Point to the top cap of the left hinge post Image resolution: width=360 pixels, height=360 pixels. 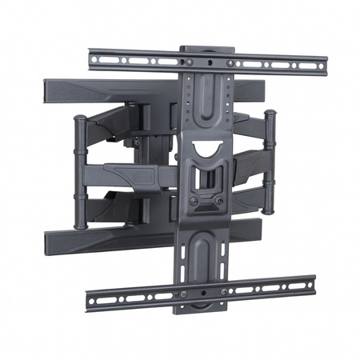point(80,118)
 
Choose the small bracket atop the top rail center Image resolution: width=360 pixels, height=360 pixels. point(195,49)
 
